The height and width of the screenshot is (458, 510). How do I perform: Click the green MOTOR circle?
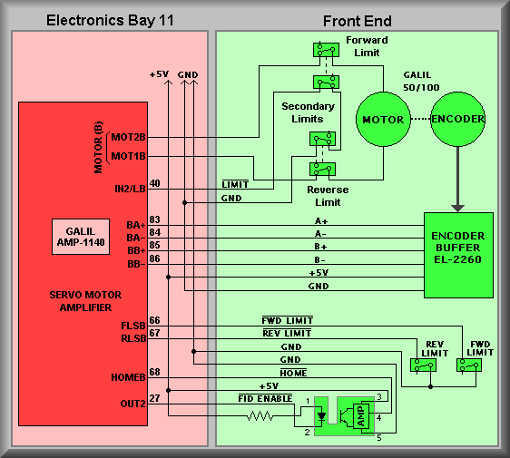coord(383,120)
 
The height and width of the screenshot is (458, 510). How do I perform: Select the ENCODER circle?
coord(457,119)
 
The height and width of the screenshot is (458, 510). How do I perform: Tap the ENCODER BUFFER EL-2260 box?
coord(458,255)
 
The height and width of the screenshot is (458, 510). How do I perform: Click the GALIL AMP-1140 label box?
coord(81,237)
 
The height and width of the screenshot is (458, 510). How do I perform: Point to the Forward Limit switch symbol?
coord(326,50)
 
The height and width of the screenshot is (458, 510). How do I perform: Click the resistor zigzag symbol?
coord(260,415)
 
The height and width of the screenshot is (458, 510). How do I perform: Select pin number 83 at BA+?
coord(155,219)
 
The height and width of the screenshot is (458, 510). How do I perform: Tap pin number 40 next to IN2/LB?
coord(155,183)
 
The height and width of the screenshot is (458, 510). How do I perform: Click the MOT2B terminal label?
coord(128,137)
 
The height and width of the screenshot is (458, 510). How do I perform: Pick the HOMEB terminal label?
coord(128,377)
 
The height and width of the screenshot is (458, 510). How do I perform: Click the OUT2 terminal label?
coord(132,404)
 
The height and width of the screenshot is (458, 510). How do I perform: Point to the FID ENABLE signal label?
coord(265,398)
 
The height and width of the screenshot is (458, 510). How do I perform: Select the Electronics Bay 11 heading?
coord(110,20)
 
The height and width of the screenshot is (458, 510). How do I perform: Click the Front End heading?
coord(358,21)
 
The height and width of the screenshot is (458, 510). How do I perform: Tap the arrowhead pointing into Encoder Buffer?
coord(457,209)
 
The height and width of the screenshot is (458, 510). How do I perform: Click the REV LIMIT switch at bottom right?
coord(423,365)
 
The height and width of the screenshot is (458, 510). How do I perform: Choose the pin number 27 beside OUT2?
coord(155,398)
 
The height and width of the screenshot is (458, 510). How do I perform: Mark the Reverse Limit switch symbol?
coord(322,169)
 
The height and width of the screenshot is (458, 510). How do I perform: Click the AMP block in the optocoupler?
coord(360,416)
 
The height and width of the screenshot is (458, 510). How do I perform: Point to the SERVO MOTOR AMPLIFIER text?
coord(85,301)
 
